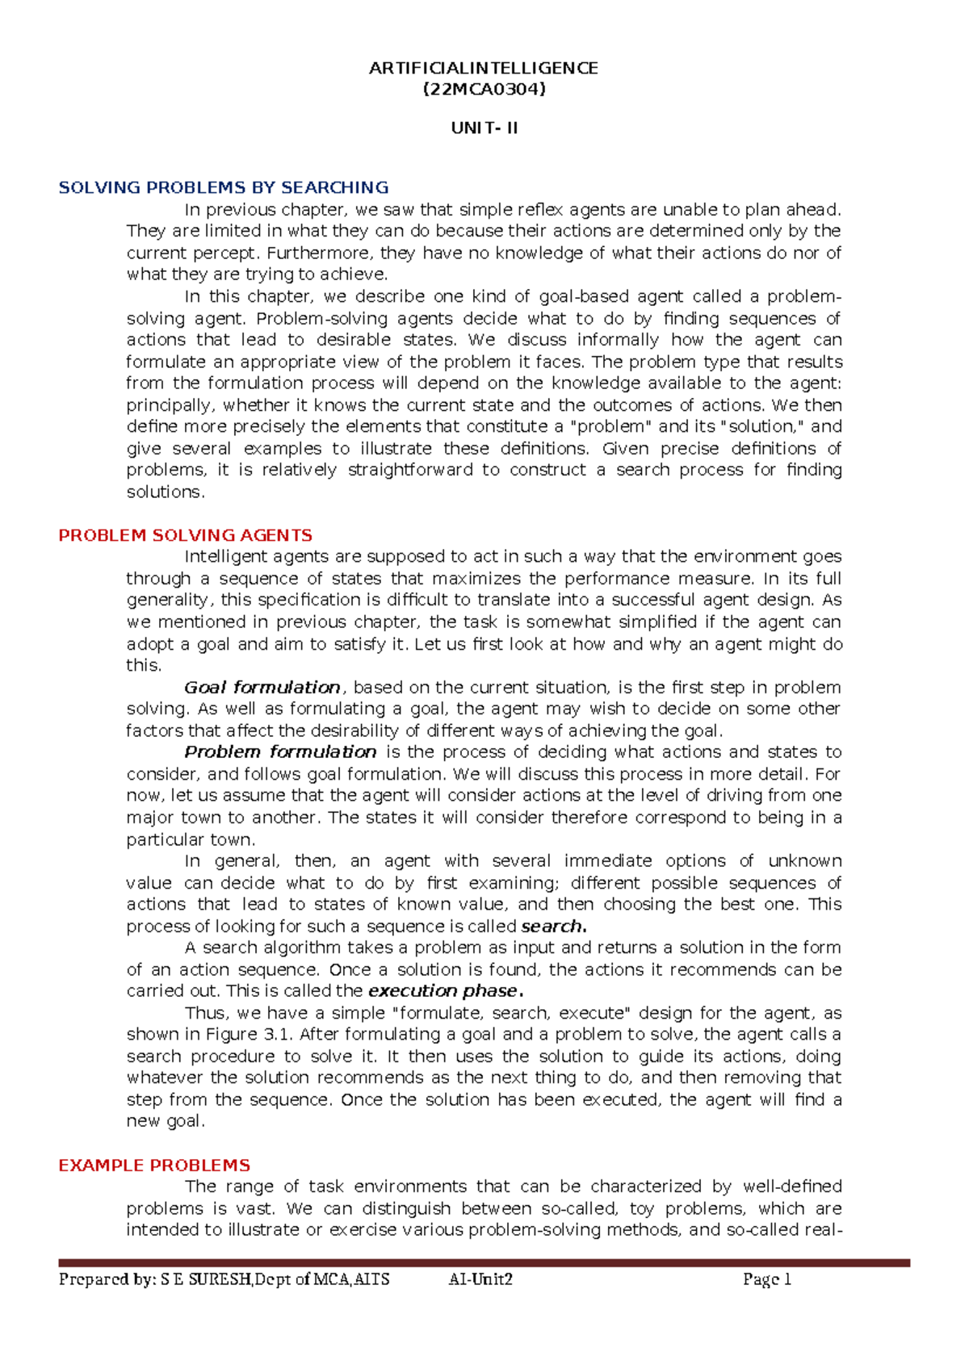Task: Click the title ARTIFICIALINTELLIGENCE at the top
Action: pyautogui.click(x=483, y=68)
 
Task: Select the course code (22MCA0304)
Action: pyautogui.click(x=484, y=90)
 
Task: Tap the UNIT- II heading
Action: pyautogui.click(x=484, y=128)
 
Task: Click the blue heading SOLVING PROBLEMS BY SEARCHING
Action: pyautogui.click(x=224, y=187)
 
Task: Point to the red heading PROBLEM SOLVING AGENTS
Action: pyautogui.click(x=185, y=535)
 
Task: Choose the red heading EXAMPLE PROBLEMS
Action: pyautogui.click(x=154, y=1166)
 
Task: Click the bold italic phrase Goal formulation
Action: pyautogui.click(x=262, y=688)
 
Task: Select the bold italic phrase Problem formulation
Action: pyautogui.click(x=280, y=752)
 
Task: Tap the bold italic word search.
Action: pyautogui.click(x=552, y=926)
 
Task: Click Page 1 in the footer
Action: pyautogui.click(x=766, y=1279)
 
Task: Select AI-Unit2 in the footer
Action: pyautogui.click(x=480, y=1279)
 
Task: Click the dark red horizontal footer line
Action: pyautogui.click(x=484, y=1262)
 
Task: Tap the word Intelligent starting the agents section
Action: pyautogui.click(x=226, y=556)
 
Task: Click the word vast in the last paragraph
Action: pyautogui.click(x=255, y=1208)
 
